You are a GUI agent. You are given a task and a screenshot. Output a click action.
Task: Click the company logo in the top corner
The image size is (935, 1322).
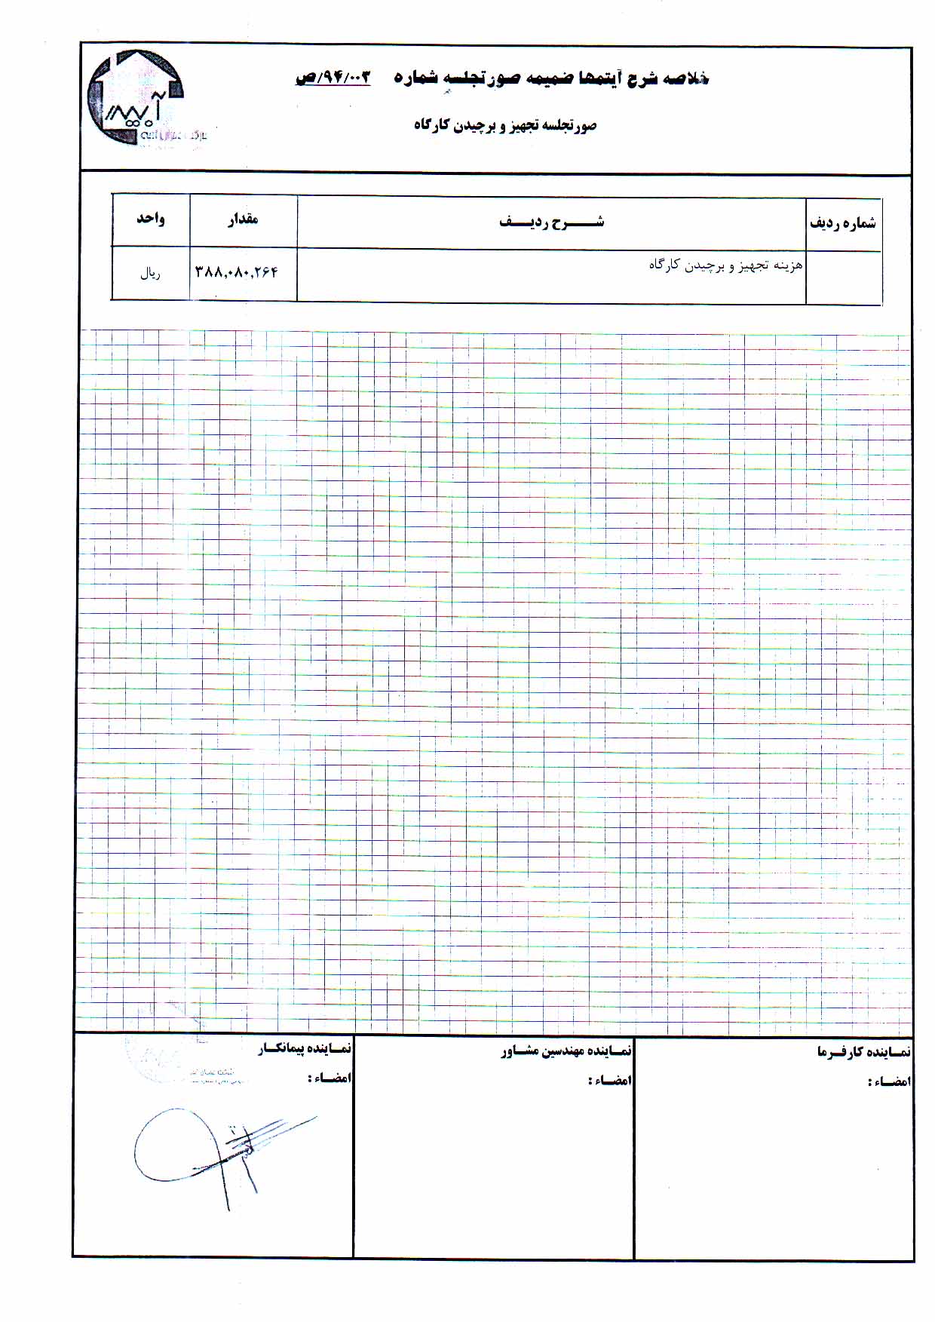136,98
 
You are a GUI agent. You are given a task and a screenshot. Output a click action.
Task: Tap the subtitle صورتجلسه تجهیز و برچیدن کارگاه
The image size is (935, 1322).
504,125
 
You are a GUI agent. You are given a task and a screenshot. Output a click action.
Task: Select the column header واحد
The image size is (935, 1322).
150,219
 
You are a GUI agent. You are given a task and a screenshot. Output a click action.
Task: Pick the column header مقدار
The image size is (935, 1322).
243,219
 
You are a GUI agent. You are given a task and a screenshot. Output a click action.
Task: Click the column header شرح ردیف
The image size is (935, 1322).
551,222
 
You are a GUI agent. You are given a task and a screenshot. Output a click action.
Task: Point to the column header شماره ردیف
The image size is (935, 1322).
843,223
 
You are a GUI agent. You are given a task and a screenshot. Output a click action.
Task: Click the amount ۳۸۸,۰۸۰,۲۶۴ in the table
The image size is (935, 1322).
237,271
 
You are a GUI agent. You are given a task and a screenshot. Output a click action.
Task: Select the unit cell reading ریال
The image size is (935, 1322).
150,274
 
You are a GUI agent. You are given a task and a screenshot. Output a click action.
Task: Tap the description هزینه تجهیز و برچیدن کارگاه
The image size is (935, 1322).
725,265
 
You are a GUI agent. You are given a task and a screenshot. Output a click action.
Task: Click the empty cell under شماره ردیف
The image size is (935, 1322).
843,277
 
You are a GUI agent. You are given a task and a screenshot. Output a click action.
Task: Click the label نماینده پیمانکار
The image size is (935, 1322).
305,1049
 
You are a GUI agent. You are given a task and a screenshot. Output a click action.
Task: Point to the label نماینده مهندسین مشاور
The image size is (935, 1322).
566,1051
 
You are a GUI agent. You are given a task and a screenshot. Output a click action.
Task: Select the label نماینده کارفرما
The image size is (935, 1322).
863,1051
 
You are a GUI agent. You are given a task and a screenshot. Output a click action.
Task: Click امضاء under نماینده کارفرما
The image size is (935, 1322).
890,1081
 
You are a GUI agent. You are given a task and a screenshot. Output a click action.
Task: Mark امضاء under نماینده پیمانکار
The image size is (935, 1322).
330,1078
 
